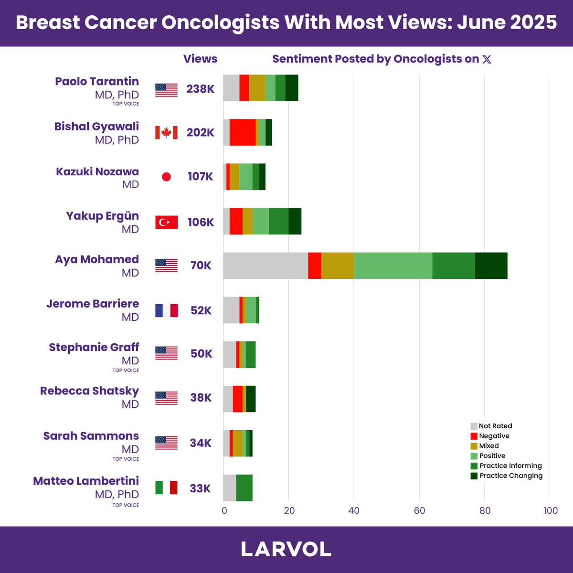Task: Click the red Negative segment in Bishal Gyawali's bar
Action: click(243, 132)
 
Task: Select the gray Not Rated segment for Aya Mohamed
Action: click(265, 265)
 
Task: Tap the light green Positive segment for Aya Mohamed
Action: click(393, 265)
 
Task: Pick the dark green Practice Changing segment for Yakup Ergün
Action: click(295, 221)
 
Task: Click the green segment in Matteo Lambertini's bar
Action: click(244, 488)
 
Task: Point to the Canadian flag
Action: click(166, 133)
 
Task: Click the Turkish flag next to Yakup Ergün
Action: click(166, 222)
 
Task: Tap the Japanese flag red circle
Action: click(166, 177)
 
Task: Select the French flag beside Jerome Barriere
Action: click(166, 310)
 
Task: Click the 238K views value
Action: click(201, 89)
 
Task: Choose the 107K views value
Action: click(201, 176)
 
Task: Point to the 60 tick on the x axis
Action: click(419, 510)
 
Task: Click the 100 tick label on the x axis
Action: click(551, 510)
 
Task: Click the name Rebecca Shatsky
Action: click(89, 391)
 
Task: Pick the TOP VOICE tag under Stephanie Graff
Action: click(126, 370)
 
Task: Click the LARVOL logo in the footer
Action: click(286, 549)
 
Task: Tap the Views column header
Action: click(200, 59)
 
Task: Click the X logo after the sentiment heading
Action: click(487, 60)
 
